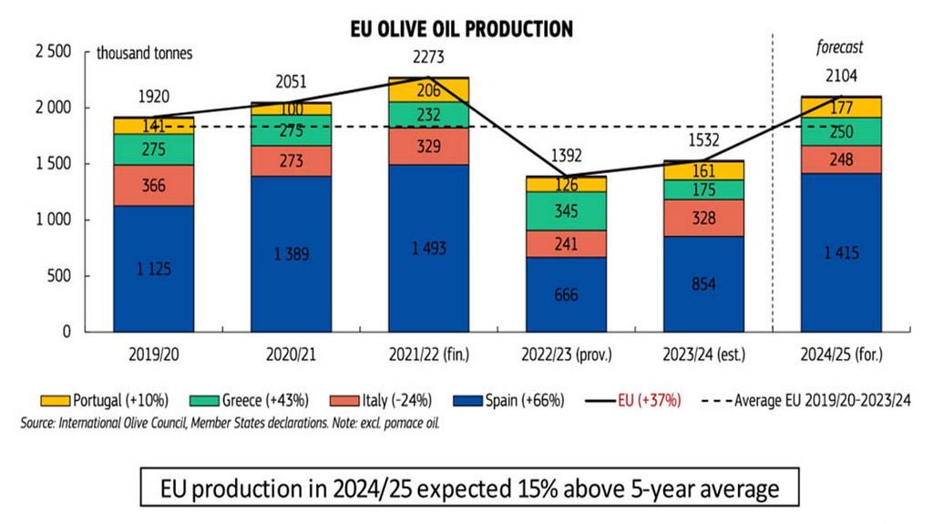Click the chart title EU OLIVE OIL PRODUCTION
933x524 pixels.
click(462, 29)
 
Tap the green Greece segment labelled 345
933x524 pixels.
click(566, 211)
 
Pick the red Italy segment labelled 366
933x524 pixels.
click(153, 185)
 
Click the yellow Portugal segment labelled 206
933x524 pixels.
click(428, 89)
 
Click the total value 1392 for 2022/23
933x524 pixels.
click(566, 154)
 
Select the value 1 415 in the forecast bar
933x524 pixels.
click(841, 252)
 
